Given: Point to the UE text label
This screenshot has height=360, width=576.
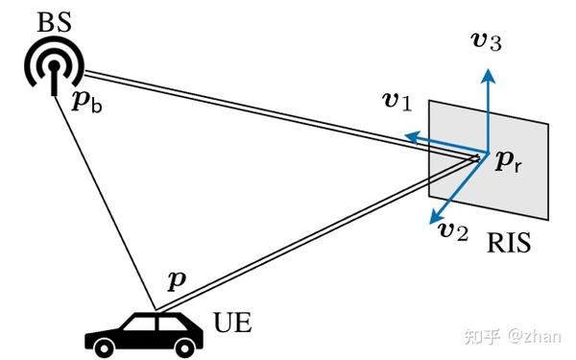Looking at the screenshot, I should pyautogui.click(x=231, y=322).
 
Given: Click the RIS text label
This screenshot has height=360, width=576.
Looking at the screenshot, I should pyautogui.click(x=508, y=245).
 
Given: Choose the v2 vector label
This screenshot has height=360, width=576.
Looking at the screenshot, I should pyautogui.click(x=452, y=230).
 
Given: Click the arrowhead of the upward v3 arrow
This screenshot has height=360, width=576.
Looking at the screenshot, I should pyautogui.click(x=488, y=73).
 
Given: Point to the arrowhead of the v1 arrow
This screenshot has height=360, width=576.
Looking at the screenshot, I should pyautogui.click(x=409, y=137).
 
